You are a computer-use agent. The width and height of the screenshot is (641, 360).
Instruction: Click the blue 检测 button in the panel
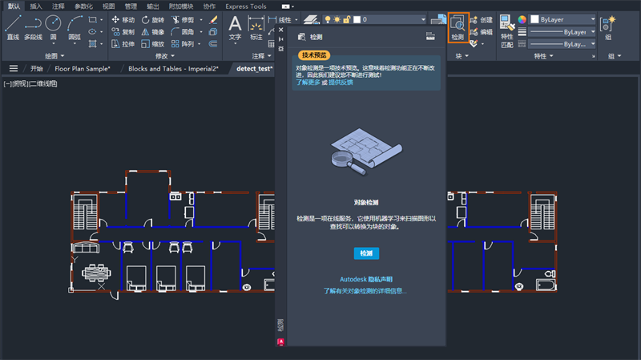point(366,253)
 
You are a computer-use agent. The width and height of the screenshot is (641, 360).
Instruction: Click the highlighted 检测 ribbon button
point(458,27)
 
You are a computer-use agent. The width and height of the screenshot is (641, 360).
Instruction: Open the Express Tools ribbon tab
point(246,6)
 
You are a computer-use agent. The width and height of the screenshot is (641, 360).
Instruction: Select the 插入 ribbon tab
point(36,6)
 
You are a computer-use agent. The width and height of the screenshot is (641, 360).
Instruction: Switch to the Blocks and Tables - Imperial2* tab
point(173,69)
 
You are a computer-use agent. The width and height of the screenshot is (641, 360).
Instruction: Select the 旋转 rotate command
point(155,19)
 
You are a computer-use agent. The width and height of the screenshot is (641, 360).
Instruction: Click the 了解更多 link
point(308,83)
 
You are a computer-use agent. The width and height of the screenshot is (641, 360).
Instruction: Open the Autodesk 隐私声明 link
point(366,279)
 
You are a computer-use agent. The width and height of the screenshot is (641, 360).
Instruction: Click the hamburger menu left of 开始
point(14,69)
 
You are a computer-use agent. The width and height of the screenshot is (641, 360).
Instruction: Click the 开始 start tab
point(37,69)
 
